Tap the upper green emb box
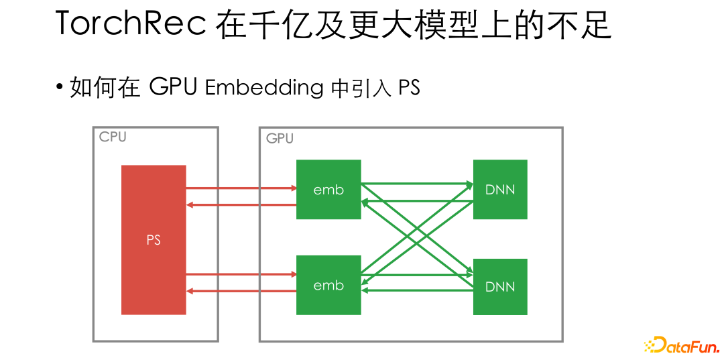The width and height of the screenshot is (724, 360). [328, 190]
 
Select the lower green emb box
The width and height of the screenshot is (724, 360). [328, 286]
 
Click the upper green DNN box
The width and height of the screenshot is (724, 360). [500, 190]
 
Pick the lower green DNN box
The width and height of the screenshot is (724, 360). [500, 287]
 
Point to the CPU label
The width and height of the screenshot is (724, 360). [113, 137]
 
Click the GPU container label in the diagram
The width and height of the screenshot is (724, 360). [280, 139]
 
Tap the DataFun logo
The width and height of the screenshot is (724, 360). [682, 346]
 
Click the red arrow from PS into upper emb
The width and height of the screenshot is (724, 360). [241, 188]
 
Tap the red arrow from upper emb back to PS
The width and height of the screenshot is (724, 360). [241, 204]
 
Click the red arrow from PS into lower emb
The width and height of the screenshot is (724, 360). [241, 274]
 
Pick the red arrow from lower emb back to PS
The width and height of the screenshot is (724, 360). [241, 290]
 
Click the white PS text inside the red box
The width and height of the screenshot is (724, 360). [154, 240]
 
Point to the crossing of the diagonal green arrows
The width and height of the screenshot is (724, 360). [417, 238]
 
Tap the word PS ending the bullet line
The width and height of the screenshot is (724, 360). [409, 88]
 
